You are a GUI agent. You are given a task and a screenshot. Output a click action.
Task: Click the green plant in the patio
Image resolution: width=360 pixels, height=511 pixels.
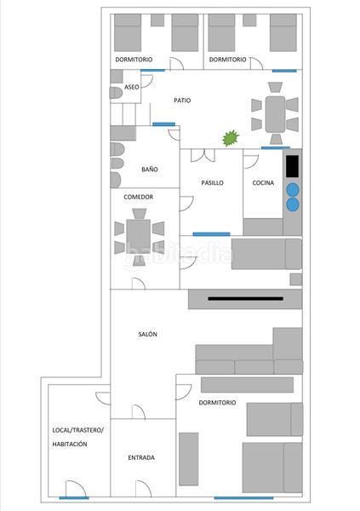pyautogui.click(x=231, y=138)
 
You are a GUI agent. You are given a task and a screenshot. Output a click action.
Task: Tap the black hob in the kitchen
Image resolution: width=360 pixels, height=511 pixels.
pyautogui.click(x=292, y=166)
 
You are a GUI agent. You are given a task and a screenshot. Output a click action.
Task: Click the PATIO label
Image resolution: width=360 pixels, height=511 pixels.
pyautogui.click(x=182, y=100)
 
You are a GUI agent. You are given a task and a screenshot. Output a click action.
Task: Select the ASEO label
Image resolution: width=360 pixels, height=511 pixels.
pyautogui.click(x=132, y=87)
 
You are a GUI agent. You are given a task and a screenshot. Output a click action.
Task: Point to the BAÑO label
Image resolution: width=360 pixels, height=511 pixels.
pyautogui.click(x=150, y=169)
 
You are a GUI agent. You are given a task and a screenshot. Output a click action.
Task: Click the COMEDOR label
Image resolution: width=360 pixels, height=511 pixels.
pyautogui.click(x=139, y=197)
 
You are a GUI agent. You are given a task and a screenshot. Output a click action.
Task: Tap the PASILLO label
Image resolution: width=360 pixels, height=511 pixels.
pyautogui.click(x=213, y=183)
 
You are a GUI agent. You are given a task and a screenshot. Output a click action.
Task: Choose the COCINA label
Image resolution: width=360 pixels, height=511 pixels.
pyautogui.click(x=263, y=183)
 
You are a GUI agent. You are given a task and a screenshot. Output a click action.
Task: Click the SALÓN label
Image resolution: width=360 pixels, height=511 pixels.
pyautogui.click(x=147, y=334)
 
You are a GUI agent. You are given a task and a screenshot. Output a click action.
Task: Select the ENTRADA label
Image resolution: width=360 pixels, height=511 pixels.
pyautogui.click(x=141, y=457)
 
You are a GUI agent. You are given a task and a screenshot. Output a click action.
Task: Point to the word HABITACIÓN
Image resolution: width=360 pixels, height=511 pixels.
pyautogui.click(x=70, y=444)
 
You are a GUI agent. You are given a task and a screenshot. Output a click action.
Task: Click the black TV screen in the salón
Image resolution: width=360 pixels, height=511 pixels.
pyautogui.click(x=246, y=299)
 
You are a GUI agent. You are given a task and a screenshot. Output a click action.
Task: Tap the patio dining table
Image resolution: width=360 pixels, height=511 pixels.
pyautogui.click(x=275, y=114)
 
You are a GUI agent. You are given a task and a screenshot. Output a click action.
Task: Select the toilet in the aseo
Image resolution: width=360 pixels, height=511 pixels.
pyautogui.click(x=116, y=93)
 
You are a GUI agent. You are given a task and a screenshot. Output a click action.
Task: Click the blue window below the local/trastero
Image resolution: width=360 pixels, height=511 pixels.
pyautogui.click(x=74, y=497)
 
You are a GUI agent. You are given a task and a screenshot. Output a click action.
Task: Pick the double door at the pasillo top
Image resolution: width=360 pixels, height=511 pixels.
pyautogui.click(x=203, y=156)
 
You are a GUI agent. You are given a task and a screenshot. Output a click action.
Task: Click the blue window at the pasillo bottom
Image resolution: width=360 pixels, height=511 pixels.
pyautogui.click(x=211, y=234)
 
